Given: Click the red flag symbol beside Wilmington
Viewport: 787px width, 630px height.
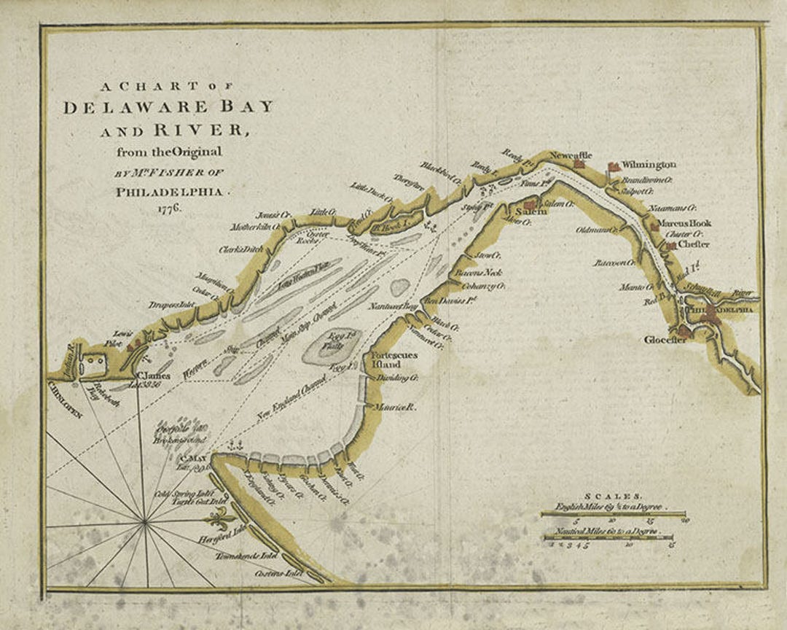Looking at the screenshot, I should click(614, 167).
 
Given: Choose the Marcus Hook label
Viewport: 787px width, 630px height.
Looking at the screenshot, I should click(684, 223).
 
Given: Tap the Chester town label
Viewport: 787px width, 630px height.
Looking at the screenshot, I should click(692, 244).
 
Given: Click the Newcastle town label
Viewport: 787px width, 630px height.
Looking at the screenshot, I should click(571, 155).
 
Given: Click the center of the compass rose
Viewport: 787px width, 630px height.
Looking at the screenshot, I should click(146, 521).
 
